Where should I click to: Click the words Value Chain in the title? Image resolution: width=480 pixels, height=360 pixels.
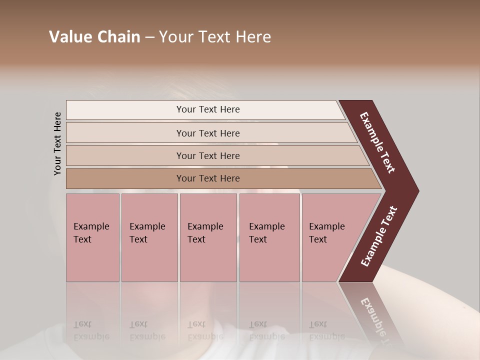(x=94, y=37)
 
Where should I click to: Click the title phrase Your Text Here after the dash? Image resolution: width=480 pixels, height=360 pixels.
(x=215, y=37)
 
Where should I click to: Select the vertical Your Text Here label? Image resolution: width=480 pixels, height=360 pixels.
(x=58, y=143)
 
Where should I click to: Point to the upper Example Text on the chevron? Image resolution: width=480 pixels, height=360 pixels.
(x=377, y=142)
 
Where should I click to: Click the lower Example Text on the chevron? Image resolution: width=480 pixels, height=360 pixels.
(x=378, y=236)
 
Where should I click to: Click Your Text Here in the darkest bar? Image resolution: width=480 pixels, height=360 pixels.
(x=208, y=178)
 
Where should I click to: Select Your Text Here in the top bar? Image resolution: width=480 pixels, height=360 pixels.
(x=208, y=109)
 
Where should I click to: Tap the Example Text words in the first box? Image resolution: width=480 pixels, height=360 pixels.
(x=91, y=233)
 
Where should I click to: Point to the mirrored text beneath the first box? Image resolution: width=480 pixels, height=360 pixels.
(x=91, y=330)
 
